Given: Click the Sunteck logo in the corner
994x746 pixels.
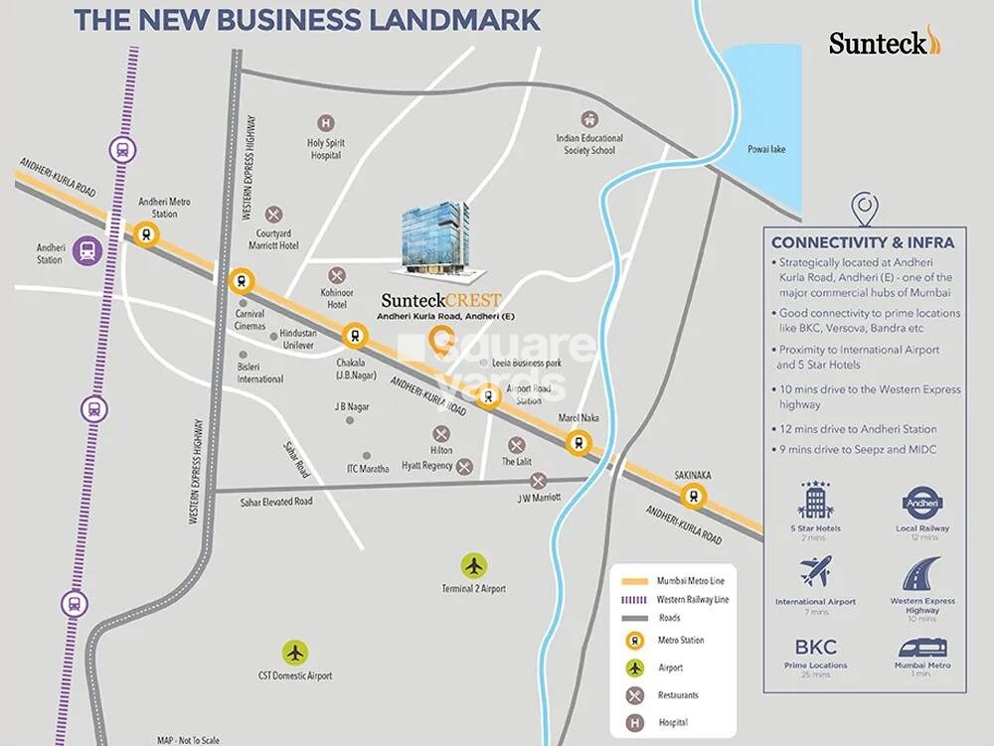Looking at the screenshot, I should (x=884, y=42).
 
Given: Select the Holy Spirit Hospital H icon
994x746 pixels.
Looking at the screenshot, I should (x=325, y=124).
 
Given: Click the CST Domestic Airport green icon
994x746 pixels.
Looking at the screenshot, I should (x=295, y=653).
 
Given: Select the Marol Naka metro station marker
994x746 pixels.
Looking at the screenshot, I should (x=576, y=443).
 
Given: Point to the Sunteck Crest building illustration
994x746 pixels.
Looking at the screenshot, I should (x=434, y=237).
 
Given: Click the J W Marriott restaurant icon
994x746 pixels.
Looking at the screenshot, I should (x=538, y=480).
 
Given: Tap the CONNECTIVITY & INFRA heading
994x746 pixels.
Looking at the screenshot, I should (x=863, y=241).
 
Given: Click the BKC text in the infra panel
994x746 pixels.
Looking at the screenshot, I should (x=815, y=648).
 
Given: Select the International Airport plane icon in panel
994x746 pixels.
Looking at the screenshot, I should (x=815, y=573).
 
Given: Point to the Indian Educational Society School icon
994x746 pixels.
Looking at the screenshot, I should (x=589, y=119).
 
